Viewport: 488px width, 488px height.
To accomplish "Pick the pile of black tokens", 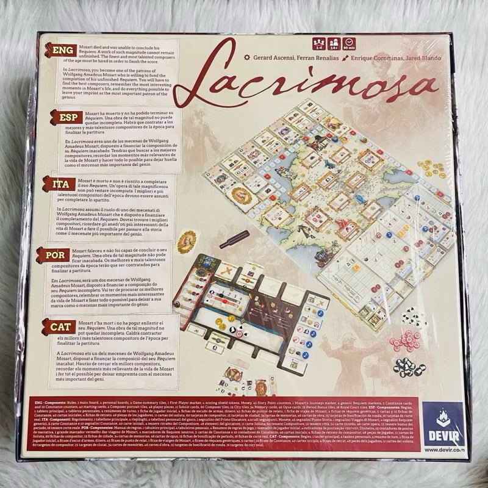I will [x=409, y=367].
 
